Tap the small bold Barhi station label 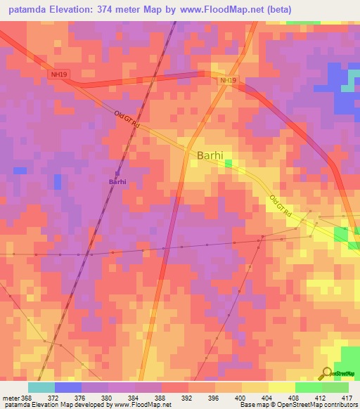point(117,182)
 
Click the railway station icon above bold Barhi point(117,173)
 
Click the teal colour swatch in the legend point(41,387)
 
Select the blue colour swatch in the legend point(68,387)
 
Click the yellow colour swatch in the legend point(281,387)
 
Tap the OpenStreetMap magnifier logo point(327,373)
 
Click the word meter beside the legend point(12,398)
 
